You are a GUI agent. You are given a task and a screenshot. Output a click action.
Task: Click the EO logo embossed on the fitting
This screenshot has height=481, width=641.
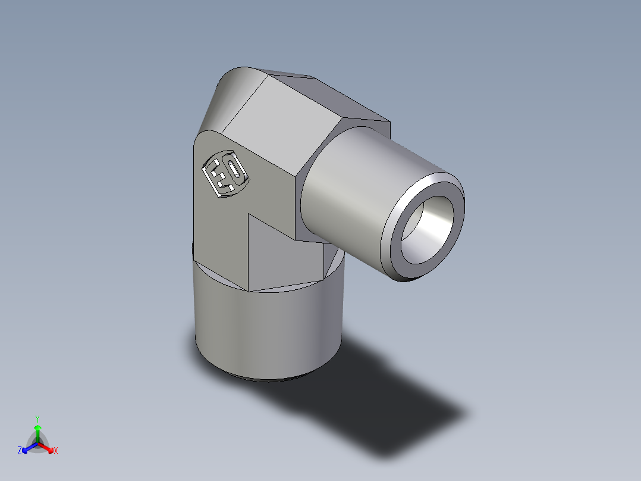[x=226, y=173]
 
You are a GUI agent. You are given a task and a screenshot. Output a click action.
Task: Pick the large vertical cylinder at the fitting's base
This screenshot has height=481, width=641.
[x=268, y=327]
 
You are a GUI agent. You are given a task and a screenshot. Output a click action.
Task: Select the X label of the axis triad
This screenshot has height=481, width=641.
[x=56, y=451]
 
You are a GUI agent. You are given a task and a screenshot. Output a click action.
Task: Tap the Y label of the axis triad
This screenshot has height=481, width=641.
[x=37, y=418]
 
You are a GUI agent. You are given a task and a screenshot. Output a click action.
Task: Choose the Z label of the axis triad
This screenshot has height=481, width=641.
[x=20, y=451]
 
